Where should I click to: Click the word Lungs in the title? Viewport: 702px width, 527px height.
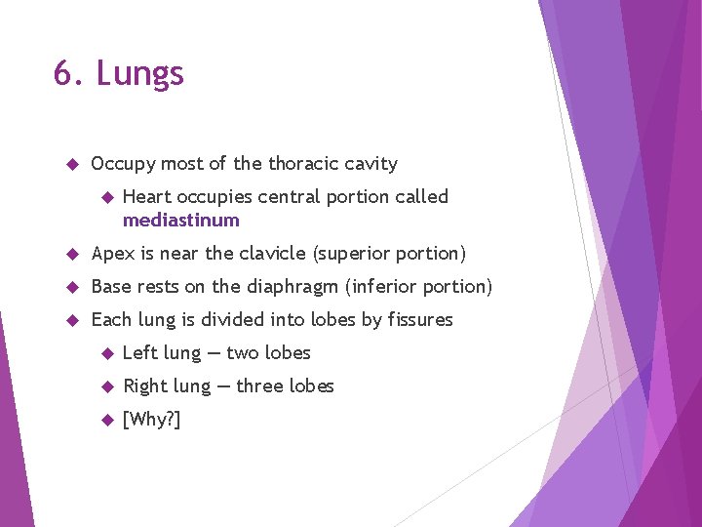140,74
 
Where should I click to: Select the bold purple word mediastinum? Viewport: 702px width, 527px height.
180,220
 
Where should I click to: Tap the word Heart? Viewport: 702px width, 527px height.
147,196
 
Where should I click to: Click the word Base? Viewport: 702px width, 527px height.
111,286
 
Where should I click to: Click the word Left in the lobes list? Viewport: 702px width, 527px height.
140,352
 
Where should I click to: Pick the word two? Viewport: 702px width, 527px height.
244,352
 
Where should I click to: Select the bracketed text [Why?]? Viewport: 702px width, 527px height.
151,420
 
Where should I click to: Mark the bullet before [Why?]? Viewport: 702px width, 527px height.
107,420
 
